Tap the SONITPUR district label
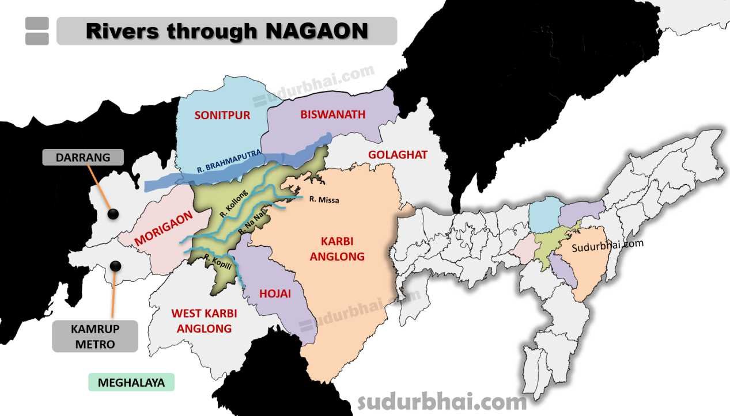pos(222,115)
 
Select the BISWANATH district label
pos(333,114)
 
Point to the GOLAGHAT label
pos(398,155)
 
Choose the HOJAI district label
pos(275,293)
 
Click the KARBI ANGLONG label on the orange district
pos(337,249)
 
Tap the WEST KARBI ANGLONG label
pos(204,321)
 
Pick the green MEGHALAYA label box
pos(131,383)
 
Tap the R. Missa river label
pos(324,200)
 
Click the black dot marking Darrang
pos(114,214)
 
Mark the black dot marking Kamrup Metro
pos(116,266)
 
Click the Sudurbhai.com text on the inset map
pos(608,246)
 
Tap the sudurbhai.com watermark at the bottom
pos(442,402)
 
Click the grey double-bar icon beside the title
pos(37,31)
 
